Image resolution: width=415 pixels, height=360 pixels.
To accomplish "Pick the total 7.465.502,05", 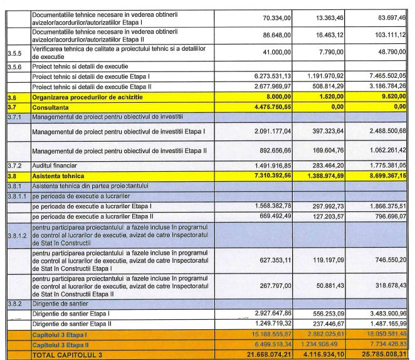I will (x=382, y=76).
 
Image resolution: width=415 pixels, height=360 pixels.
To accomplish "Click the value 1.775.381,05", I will (x=382, y=166).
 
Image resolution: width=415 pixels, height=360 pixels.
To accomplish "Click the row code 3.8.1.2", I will (x=17, y=236).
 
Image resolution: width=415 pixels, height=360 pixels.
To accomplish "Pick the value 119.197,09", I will (x=330, y=259).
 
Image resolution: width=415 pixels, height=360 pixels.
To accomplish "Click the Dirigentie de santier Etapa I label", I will (x=70, y=313).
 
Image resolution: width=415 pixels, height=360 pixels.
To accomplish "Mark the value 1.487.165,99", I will (x=382, y=323).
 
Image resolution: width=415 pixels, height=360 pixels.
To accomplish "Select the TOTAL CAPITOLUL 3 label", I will (x=66, y=355).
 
